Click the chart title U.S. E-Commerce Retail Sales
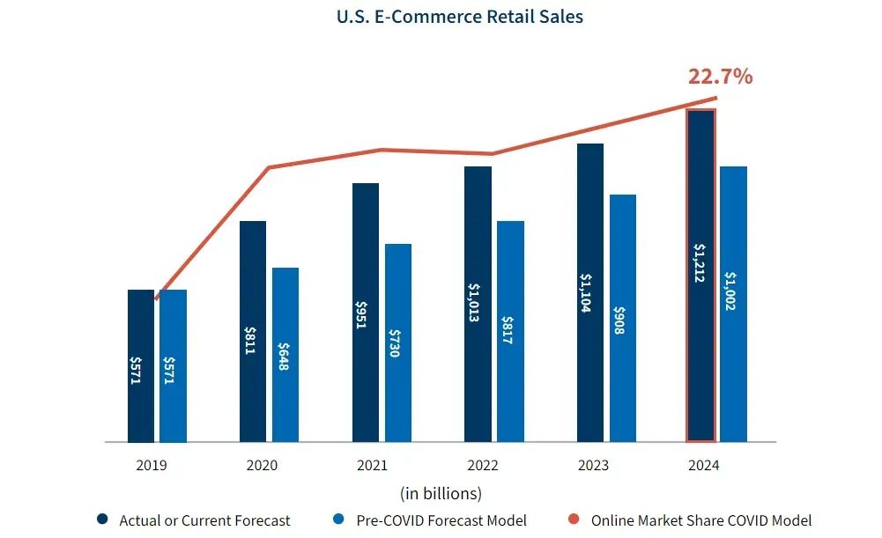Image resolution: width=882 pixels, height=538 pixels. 459,17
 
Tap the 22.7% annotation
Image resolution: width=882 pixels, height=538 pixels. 720,77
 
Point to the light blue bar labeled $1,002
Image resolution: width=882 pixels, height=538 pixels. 733,304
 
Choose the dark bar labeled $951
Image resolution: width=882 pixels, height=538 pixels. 366,312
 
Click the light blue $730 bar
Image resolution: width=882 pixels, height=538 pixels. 398,343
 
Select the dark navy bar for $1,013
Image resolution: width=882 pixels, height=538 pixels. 478,304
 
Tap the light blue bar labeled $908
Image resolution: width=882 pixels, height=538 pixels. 622,318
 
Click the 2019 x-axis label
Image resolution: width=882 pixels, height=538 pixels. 151,465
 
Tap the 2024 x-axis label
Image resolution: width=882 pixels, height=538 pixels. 705,465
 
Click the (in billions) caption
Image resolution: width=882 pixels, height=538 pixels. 441,492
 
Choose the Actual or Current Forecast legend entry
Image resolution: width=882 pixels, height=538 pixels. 204,520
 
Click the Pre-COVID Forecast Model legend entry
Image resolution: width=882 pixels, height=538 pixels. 441,520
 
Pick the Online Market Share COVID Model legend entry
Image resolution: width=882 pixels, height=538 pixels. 700,520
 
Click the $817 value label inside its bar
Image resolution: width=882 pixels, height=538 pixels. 510,330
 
